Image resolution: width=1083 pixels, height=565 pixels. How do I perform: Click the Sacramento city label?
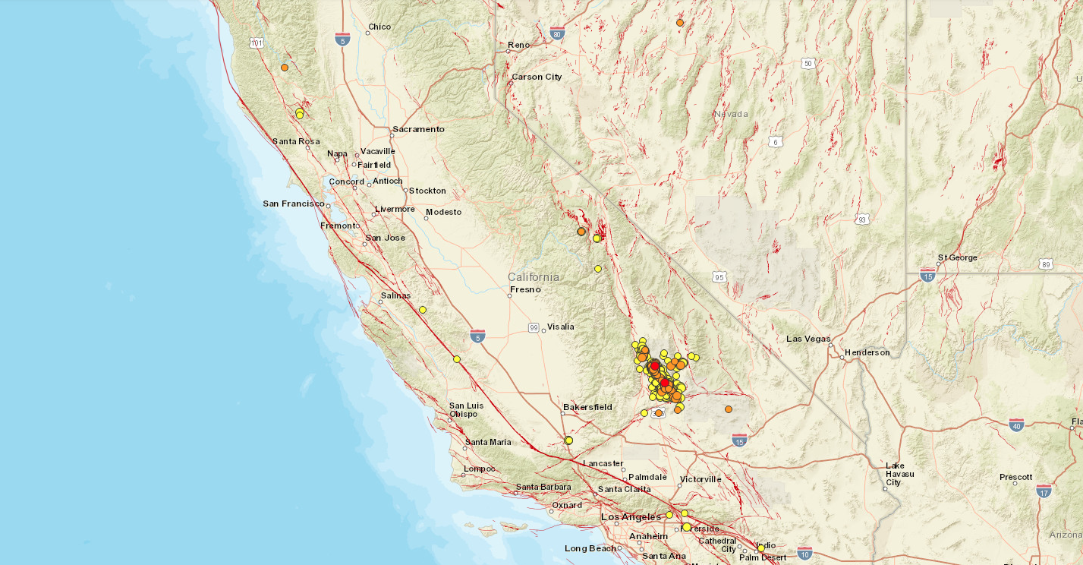[x=419, y=129]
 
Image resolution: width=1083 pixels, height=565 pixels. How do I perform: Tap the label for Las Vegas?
[x=808, y=339]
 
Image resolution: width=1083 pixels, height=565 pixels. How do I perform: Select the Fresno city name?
[x=525, y=289]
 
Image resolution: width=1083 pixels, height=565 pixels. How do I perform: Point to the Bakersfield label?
[x=587, y=408]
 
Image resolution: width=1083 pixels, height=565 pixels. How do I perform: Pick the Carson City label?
[x=537, y=77]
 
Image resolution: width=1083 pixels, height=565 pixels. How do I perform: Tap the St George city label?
[x=958, y=257]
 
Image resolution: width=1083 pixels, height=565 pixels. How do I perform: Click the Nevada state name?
[x=731, y=114]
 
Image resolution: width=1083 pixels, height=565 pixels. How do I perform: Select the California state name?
[x=534, y=276]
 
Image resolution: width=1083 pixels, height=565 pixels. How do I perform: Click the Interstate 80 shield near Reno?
[x=557, y=33]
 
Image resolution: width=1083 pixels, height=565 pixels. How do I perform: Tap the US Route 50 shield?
[x=808, y=63]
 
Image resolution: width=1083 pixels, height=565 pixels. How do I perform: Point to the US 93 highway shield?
[x=861, y=219]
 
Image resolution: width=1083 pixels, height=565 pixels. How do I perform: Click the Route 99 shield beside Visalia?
[x=534, y=328]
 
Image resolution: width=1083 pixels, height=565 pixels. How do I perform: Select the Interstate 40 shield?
[x=1016, y=425]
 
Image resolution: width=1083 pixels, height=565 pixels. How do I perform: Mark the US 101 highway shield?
[x=257, y=43]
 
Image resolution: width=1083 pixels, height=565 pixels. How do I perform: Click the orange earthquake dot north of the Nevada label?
[x=680, y=23]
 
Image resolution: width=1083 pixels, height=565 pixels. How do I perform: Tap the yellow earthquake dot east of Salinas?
[x=423, y=310]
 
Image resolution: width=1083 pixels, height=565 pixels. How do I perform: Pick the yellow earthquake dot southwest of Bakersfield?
[x=568, y=440]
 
